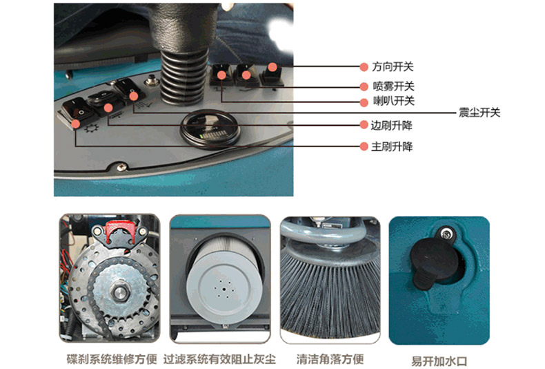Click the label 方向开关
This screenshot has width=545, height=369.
click(393, 66)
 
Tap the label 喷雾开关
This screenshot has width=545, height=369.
click(393, 86)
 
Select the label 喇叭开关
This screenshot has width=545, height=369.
click(394, 101)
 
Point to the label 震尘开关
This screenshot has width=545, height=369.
click(479, 113)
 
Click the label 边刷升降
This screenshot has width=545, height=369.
click(391, 125)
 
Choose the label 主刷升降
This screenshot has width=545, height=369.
click(392, 146)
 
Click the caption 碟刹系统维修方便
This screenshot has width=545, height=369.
click(112, 359)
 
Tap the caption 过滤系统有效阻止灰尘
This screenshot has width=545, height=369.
click(219, 359)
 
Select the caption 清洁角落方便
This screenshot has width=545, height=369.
click(330, 359)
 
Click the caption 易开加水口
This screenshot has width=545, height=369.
click(439, 361)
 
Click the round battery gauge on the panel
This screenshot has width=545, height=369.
click(210, 130)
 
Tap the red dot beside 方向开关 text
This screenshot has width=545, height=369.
click(364, 67)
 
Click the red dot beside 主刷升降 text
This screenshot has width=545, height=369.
click(364, 146)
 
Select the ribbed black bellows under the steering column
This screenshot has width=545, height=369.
click(184, 77)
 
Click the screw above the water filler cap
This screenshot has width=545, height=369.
click(446, 234)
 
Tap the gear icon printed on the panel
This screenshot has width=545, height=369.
click(92, 128)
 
